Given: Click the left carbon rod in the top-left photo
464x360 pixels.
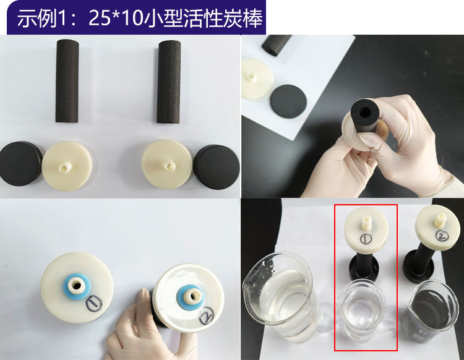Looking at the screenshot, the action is point(67,81).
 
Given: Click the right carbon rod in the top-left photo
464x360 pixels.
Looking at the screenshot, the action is point(169,82).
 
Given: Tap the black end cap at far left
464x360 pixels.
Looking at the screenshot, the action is point(20,163).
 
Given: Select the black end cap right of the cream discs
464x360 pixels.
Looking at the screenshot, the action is point(217,167).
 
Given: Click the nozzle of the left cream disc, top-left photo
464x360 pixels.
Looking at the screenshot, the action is point(65,168).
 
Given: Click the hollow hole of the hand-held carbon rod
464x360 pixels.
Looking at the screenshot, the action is point(365,112).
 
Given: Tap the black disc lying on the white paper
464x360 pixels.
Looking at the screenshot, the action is point(288,101).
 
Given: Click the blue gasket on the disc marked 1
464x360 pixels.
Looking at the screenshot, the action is point(75,286).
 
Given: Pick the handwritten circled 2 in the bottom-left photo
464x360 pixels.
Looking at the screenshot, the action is point(206,316).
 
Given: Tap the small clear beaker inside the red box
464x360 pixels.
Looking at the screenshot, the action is point(361,310).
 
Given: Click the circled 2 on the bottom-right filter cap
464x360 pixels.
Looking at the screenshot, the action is point(443,236).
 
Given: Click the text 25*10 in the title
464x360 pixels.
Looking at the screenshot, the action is point(114,19).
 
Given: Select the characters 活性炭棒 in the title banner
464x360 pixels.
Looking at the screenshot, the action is point(223,19).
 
